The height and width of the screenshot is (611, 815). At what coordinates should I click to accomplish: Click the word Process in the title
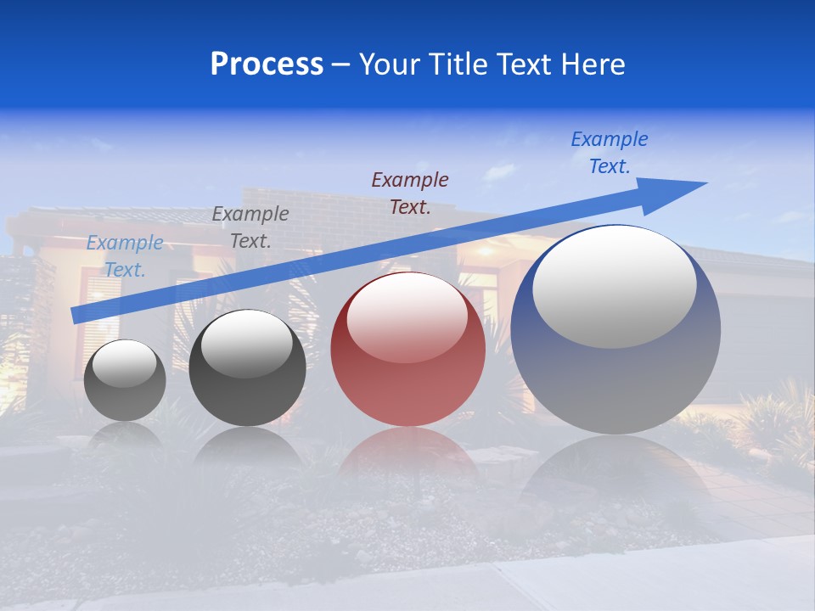[x=267, y=64]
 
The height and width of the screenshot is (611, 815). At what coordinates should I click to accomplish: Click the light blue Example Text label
[x=125, y=256]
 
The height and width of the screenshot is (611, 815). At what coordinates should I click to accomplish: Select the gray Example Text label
[x=250, y=227]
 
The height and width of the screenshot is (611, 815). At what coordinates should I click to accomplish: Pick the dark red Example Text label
[x=410, y=193]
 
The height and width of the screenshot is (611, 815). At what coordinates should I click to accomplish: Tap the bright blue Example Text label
[x=610, y=153]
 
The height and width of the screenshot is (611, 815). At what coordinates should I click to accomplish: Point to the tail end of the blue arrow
[x=78, y=315]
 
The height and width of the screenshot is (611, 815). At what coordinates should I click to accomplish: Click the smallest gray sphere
[x=125, y=395]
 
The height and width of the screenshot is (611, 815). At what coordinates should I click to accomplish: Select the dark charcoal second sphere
[x=247, y=390]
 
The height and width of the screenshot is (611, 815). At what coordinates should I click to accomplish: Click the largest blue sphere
[x=615, y=382]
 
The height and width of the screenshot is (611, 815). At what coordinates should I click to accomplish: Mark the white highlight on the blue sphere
[x=615, y=286]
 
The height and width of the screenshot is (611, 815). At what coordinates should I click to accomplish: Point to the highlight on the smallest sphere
[x=125, y=363]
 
